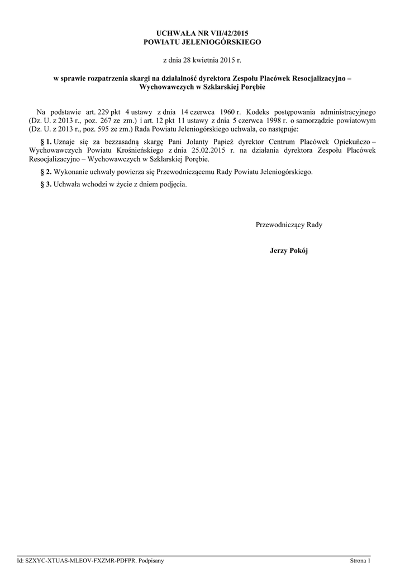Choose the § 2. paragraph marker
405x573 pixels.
pyautogui.click(x=46, y=172)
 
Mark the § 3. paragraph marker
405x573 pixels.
pyautogui.click(x=46, y=184)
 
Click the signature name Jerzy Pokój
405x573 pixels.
pyautogui.click(x=288, y=251)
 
